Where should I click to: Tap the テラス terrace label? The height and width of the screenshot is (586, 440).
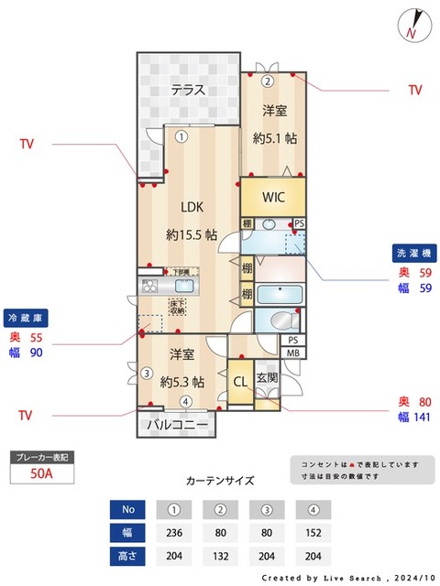click(187, 90)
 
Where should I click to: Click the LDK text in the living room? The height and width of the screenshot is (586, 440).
click(192, 205)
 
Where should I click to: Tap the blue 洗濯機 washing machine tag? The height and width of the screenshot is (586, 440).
click(413, 252)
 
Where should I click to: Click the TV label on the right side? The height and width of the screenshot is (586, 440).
click(414, 91)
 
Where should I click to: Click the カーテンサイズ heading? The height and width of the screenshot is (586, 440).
click(220, 480)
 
